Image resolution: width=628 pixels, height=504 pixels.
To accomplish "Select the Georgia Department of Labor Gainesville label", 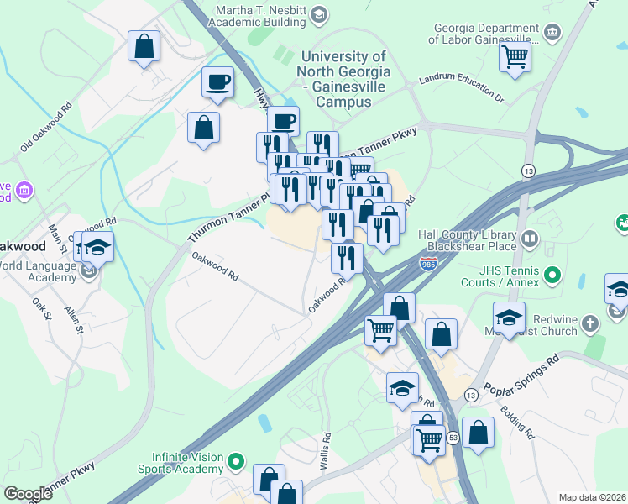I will click(484, 33).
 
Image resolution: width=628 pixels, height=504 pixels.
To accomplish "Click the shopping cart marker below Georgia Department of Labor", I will click(515, 58).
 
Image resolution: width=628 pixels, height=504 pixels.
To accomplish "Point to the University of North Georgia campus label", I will click(335, 79).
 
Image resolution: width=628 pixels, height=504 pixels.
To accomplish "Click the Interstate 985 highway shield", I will click(427, 263).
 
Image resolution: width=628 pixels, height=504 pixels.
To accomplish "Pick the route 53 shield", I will click(453, 438).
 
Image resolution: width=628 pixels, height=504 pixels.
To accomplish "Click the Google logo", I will click(28, 494).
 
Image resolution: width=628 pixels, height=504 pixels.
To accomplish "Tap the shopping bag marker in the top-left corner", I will click(144, 46).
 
